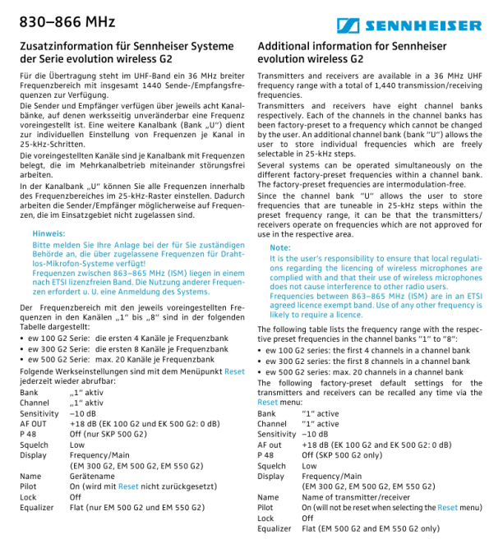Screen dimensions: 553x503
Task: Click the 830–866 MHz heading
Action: (x=56, y=21)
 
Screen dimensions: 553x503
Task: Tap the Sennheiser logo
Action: (x=416, y=23)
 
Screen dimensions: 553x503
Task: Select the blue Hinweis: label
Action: (x=48, y=233)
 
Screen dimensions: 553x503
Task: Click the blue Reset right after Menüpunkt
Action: (x=234, y=371)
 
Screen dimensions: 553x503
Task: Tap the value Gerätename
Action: (x=91, y=476)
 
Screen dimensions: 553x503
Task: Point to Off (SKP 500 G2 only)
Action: (x=341, y=454)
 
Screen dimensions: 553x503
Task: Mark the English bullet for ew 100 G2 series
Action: (x=262, y=350)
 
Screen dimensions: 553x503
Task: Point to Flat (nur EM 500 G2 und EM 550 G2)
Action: (x=136, y=507)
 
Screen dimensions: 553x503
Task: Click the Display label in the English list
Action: (x=271, y=476)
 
